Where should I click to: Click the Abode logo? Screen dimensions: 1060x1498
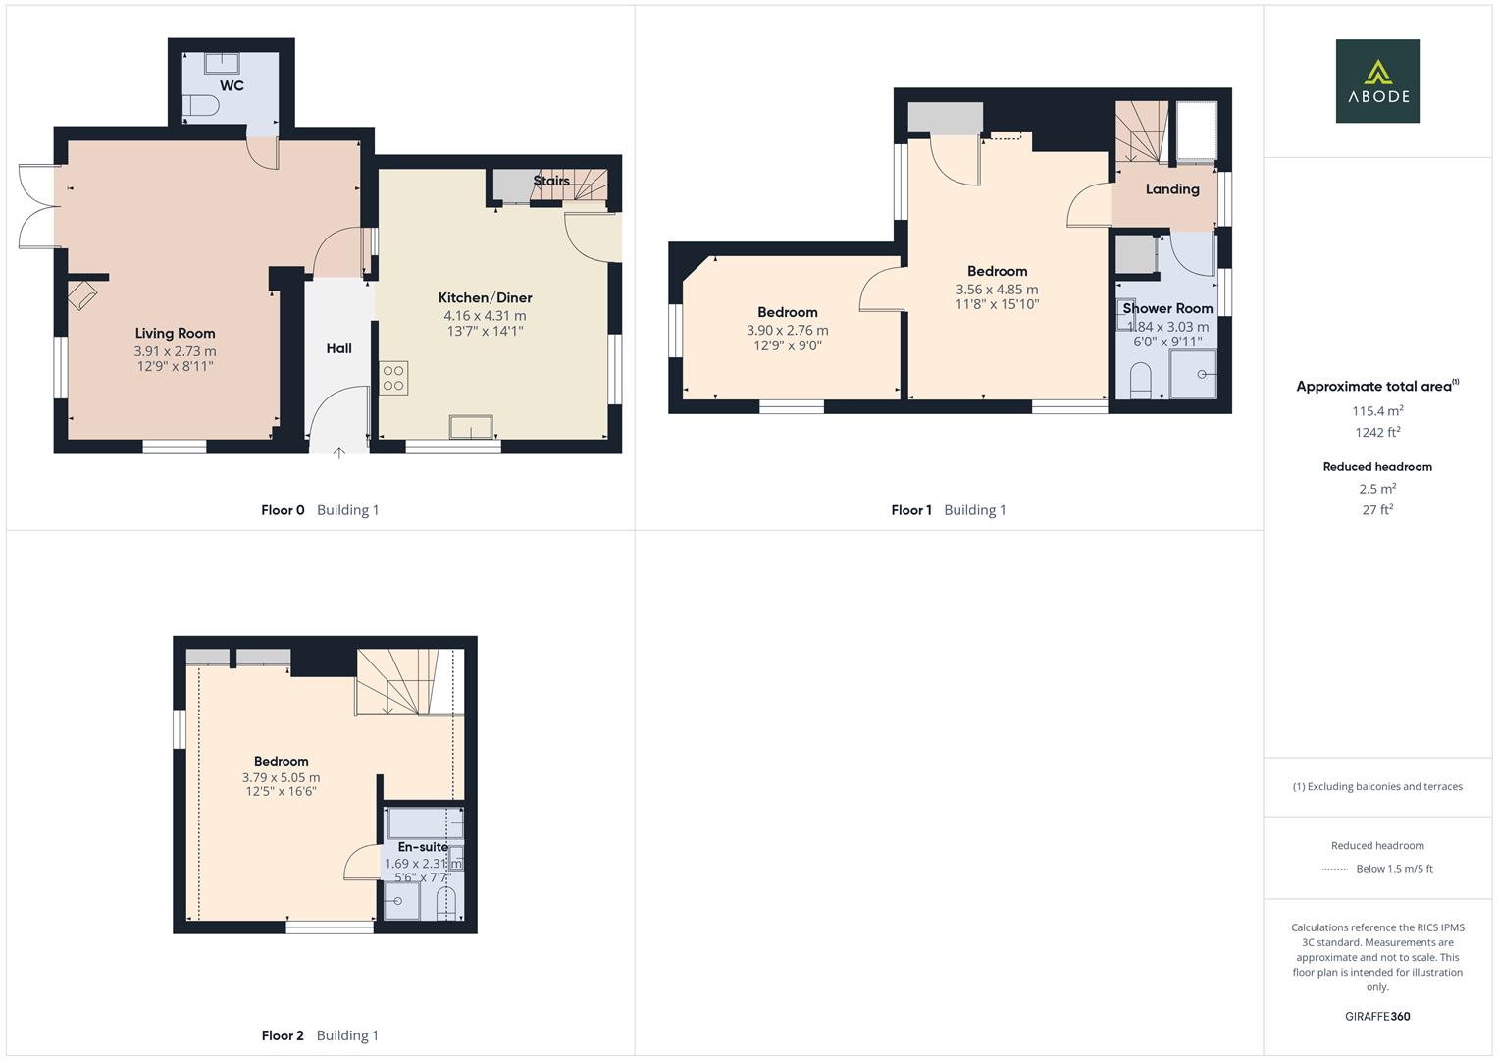pos(1377,81)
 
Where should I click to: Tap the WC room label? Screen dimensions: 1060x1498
pos(232,85)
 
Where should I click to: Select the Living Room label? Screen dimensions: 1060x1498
pos(175,334)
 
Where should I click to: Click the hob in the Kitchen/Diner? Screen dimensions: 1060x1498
pos(393,379)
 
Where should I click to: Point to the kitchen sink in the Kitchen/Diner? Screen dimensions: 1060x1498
pos(471,427)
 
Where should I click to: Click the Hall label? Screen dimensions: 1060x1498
pos(338,348)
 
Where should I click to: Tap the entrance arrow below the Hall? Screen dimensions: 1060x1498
pos(339,452)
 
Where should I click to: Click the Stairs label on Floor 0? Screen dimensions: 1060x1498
pos(551,181)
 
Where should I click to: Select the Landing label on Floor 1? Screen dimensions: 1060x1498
pos(1172,189)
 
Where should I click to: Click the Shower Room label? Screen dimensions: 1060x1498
pos(1167,308)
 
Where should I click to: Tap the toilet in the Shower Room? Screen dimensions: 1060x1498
pos(1140,381)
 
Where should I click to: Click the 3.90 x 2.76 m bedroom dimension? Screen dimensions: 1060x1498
pos(787,331)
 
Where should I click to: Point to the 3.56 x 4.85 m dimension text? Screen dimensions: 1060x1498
pos(997,290)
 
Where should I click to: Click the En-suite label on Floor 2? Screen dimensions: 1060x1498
pos(423,847)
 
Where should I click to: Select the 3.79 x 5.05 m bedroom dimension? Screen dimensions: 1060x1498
pos(281,777)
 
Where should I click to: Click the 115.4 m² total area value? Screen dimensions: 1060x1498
pos(1377,411)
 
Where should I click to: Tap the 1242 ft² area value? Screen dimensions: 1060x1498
pos(1377,433)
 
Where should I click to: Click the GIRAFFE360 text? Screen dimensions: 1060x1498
pos(1377,1017)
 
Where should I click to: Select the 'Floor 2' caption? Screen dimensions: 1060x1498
pos(283,1035)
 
